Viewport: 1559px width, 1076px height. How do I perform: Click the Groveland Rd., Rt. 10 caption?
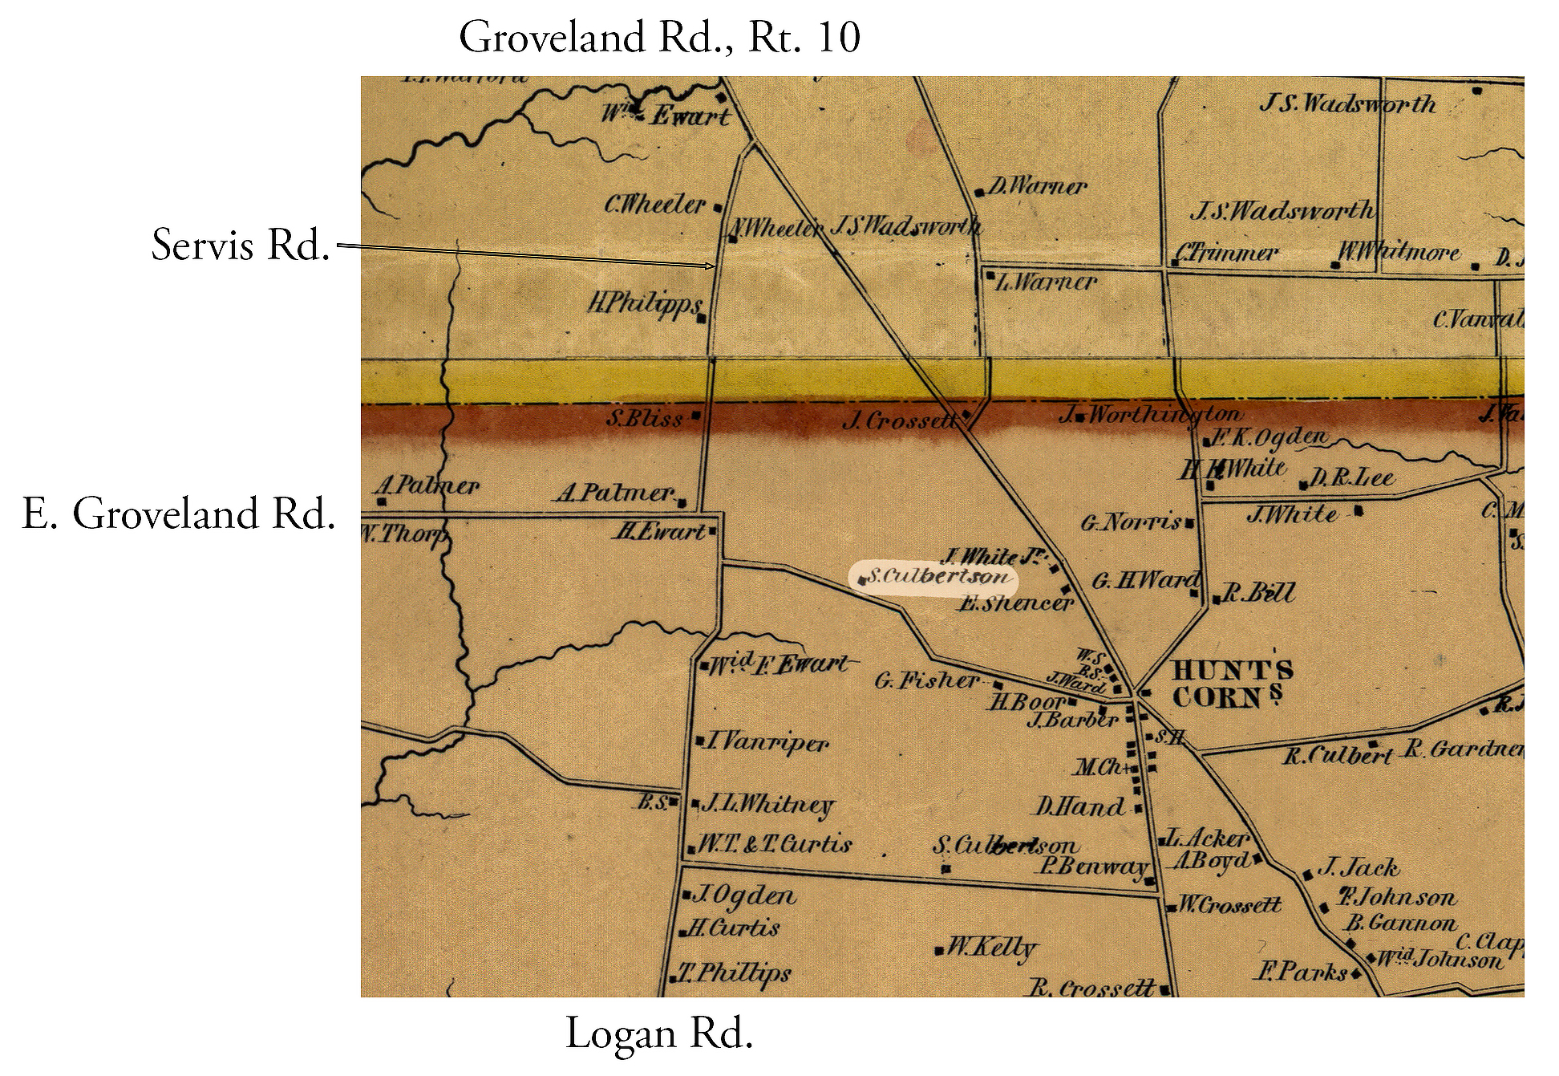[659, 38]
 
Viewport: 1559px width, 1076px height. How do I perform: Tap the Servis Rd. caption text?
[241, 245]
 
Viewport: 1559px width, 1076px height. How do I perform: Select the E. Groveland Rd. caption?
[178, 514]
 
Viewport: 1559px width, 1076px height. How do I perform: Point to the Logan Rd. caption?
[659, 1033]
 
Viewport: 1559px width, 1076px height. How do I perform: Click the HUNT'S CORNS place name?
[1232, 684]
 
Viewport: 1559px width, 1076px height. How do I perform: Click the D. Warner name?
[1036, 187]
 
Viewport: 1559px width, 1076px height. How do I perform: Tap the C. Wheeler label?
[655, 205]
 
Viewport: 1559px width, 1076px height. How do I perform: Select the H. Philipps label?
[645, 305]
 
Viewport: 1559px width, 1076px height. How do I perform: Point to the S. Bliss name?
[645, 418]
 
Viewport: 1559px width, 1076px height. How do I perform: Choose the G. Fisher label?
[926, 681]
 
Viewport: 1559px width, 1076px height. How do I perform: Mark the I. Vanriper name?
[767, 742]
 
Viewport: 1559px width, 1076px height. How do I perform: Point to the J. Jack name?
[1358, 868]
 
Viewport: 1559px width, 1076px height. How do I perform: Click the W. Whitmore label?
[1399, 253]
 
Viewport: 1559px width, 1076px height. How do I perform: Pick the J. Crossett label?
[900, 420]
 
